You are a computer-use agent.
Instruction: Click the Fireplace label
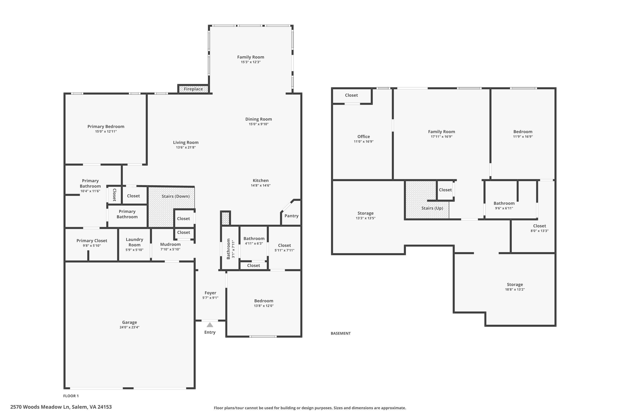[x=193, y=89]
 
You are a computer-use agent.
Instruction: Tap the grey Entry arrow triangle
[x=210, y=325]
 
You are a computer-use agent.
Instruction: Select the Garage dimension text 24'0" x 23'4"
[x=129, y=327]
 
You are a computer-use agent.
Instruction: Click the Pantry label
[x=291, y=216]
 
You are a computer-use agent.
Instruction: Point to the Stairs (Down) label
[x=175, y=196]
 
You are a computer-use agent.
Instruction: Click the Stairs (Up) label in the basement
[x=432, y=208]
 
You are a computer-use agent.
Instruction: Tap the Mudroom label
[x=170, y=244]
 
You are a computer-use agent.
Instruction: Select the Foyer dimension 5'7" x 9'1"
[x=210, y=298]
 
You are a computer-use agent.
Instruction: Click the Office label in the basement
[x=364, y=136]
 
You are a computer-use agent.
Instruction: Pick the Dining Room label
[x=258, y=119]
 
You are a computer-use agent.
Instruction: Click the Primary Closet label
[x=92, y=241]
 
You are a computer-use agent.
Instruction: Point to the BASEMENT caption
[x=341, y=333]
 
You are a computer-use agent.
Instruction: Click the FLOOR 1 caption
[x=71, y=396]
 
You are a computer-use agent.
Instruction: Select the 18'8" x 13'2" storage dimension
[x=515, y=289]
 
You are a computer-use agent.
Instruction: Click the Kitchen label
[x=260, y=180]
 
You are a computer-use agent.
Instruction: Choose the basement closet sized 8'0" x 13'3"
[x=539, y=226]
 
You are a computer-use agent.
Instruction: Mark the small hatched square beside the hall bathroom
[x=225, y=218]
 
